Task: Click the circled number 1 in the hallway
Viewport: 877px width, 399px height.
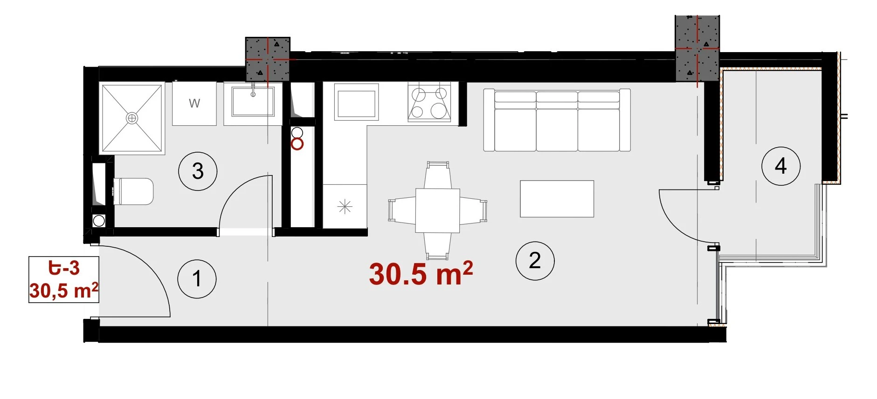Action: tap(197, 279)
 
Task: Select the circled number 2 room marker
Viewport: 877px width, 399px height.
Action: tap(535, 261)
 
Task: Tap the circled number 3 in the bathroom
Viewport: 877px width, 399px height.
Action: tap(198, 171)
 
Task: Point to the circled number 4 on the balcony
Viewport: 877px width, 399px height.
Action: tap(781, 166)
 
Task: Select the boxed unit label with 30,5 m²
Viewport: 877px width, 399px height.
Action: tap(64, 279)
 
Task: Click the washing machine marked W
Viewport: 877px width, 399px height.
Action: tap(194, 104)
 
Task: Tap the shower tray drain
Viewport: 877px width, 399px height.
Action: tap(132, 118)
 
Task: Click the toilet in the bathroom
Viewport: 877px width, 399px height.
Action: tap(133, 191)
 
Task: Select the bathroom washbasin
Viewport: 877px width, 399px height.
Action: tap(253, 102)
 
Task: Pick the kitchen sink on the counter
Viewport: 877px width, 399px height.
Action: tap(356, 103)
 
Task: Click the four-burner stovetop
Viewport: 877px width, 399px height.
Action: tap(429, 102)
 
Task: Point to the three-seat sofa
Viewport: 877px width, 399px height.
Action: tap(557, 120)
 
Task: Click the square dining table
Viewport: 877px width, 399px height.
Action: tap(438, 210)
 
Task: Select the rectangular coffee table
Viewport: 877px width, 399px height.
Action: tap(557, 199)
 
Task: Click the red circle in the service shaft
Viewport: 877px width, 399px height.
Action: tap(297, 144)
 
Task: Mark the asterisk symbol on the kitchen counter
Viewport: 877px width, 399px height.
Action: tap(345, 206)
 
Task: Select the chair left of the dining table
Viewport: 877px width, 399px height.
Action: tap(402, 210)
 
